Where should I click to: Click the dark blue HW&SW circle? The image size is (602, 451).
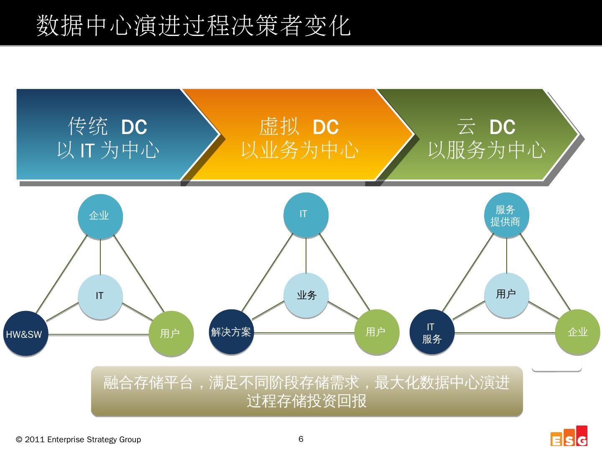[26, 334]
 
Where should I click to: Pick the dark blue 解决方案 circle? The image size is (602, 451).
[231, 332]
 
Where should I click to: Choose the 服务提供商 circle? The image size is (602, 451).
[506, 215]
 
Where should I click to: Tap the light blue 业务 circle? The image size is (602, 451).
[306, 295]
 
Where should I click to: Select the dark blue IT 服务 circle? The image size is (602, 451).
[431, 332]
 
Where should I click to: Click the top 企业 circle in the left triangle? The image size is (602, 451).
[100, 216]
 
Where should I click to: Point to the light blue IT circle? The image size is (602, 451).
[100, 296]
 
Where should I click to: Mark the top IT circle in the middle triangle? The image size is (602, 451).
[306, 215]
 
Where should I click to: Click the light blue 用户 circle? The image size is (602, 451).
[506, 294]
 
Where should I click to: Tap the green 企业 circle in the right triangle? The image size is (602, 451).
[577, 332]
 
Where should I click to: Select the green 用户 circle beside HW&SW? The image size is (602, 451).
[171, 333]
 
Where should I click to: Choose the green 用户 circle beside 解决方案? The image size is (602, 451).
[376, 332]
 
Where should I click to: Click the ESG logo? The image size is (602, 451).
[569, 436]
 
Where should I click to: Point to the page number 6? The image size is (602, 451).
[301, 439]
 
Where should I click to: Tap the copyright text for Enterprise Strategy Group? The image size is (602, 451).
[79, 440]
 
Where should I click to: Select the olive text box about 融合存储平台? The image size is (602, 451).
[307, 391]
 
